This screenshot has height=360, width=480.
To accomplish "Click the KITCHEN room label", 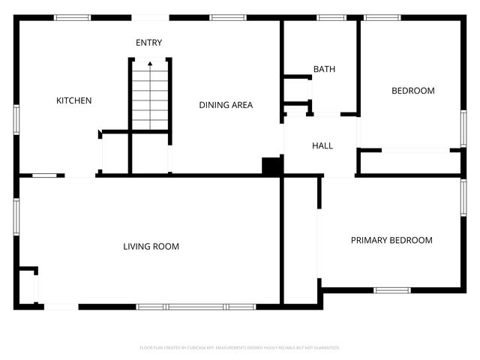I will click(74, 100).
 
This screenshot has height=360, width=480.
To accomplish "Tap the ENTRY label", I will click(148, 43).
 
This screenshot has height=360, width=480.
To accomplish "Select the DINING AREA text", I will click(226, 105).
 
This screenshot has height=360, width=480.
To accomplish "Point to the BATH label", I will click(324, 69).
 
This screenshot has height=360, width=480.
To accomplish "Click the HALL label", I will click(322, 145).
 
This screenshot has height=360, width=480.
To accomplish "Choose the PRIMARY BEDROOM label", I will click(391, 241).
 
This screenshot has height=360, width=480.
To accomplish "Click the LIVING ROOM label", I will click(151, 247).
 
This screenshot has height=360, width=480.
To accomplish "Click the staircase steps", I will click(150, 97).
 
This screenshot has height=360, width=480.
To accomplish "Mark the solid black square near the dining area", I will click(271, 166).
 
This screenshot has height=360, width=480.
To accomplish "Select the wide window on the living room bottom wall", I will click(196, 307).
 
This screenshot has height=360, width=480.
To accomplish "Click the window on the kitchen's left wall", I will click(16, 120).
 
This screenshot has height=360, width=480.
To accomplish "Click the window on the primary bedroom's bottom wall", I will click(391, 290).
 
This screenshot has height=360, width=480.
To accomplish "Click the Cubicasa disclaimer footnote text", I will click(240, 348).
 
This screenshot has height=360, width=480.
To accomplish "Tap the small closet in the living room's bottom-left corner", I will click(27, 286).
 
